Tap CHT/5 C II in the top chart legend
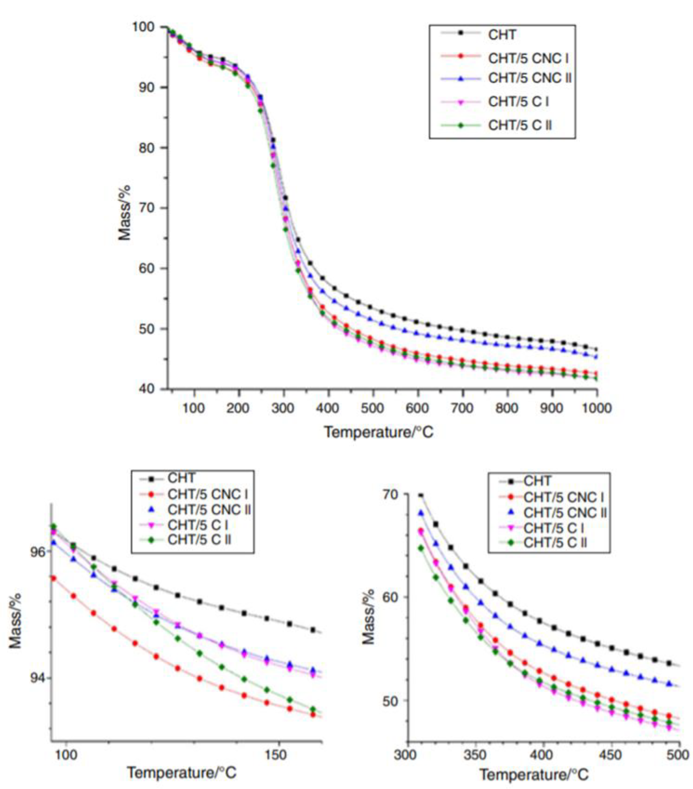[520, 125]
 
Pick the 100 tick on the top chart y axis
[143, 27]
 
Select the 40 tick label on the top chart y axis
[146, 389]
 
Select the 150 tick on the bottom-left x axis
[276, 755]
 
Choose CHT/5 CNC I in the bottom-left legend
[207, 494]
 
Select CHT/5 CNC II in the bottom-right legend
[564, 513]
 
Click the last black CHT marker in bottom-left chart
[313, 630]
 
